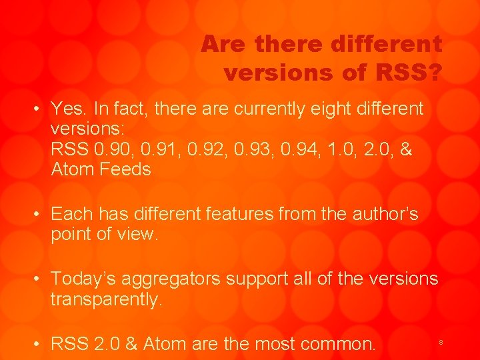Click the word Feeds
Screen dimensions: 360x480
tap(125, 169)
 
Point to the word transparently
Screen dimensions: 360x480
tap(106, 299)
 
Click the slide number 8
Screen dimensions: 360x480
tap(441, 342)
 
